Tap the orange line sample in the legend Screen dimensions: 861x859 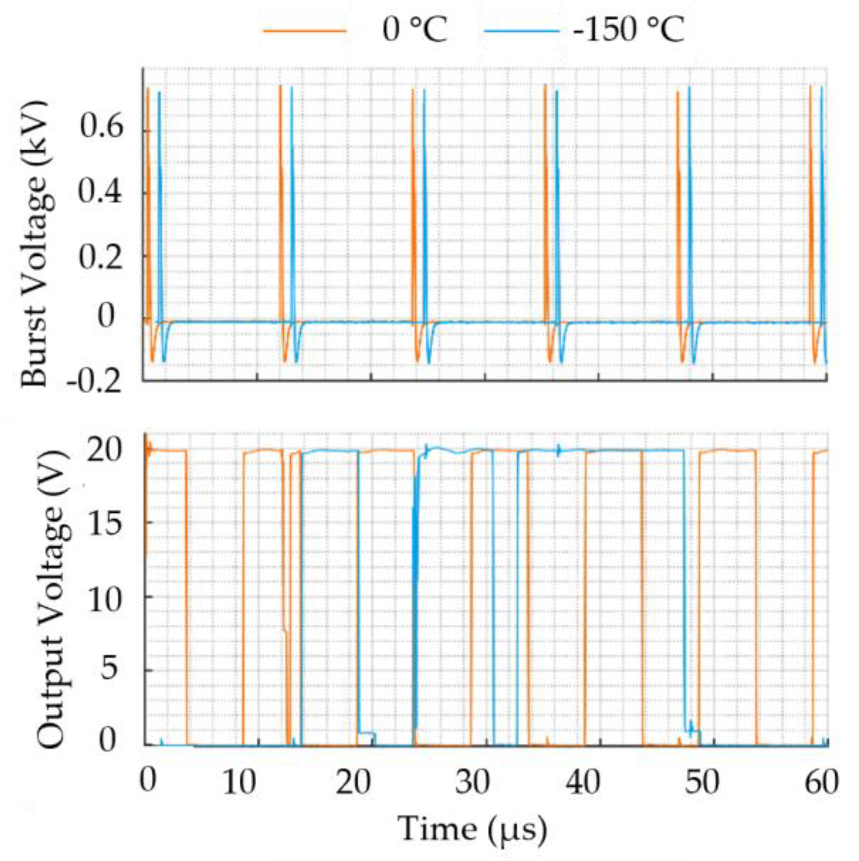click(304, 31)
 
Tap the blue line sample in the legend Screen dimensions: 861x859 click(521, 31)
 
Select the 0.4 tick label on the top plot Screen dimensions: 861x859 click(100, 191)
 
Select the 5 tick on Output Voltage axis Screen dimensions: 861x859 click(109, 668)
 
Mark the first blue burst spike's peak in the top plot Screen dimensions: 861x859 click(159, 93)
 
